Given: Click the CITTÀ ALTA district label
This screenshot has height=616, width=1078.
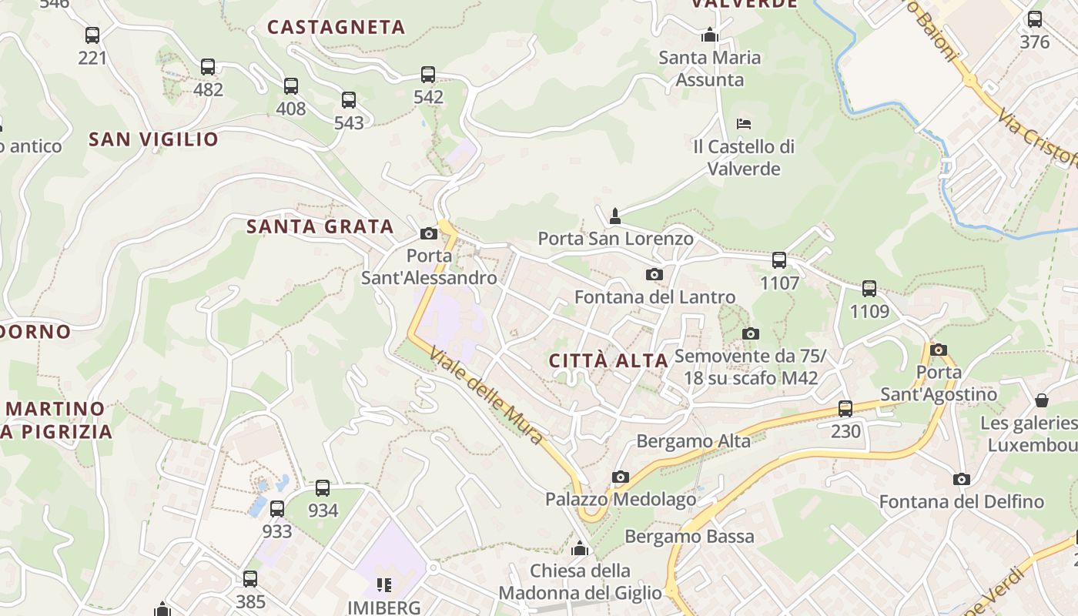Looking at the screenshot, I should [608, 360].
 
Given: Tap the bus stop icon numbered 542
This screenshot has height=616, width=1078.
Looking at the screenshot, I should [428, 75].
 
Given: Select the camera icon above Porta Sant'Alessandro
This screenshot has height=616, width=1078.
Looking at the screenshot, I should [429, 234].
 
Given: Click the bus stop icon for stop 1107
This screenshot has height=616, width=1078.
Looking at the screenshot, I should [779, 260].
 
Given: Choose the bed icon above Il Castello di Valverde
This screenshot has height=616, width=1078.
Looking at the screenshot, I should [743, 123].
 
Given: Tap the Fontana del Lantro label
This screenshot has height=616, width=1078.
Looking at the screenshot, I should [654, 297].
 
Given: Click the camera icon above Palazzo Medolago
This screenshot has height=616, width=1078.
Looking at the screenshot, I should [620, 477].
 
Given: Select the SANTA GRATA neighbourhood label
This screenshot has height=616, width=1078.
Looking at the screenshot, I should [320, 226].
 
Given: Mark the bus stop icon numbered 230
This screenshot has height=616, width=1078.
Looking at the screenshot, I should [845, 409].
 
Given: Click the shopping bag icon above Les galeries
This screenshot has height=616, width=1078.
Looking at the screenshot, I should [1042, 400].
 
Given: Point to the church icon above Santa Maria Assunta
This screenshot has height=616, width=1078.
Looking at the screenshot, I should [709, 35].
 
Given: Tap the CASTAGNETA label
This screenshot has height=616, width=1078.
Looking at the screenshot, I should [336, 27].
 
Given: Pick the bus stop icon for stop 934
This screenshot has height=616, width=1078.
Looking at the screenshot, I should [323, 488].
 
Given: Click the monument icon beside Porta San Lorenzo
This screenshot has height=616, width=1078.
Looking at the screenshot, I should [614, 216].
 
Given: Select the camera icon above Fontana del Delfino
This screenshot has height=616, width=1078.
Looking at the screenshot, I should [961, 480].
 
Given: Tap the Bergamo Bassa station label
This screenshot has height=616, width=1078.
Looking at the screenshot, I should [689, 537].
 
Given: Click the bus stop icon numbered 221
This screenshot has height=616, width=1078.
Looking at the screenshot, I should [92, 35].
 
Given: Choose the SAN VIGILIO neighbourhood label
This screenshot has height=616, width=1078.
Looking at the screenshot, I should [153, 139].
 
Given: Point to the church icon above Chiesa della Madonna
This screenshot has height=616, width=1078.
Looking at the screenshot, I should [580, 549].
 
